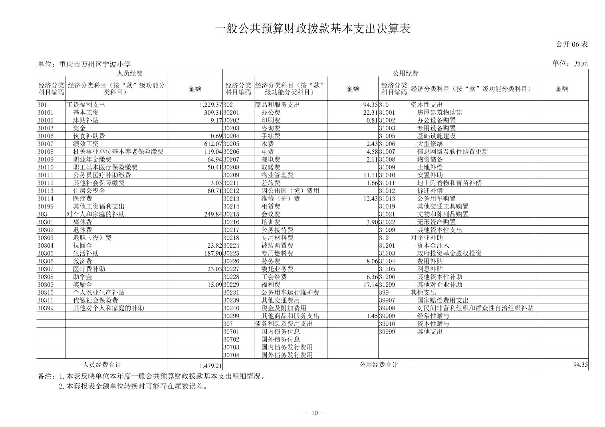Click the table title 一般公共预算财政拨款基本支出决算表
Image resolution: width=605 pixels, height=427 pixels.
tap(313, 29)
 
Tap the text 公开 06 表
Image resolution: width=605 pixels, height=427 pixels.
tap(572, 44)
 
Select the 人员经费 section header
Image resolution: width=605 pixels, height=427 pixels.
tap(130, 73)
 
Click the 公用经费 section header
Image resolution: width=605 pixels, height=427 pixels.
tap(405, 73)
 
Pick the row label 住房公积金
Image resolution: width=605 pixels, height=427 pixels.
tap(89, 191)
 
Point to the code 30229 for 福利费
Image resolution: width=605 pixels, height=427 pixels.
tap(231, 285)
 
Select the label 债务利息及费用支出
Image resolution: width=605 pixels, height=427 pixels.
tap(284, 324)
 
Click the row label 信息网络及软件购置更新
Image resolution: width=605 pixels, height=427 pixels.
tap(452, 152)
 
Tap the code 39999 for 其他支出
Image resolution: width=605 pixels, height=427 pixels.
tap(387, 332)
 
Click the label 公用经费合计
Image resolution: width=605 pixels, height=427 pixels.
tap(379, 365)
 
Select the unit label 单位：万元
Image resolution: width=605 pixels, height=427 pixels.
tap(570, 64)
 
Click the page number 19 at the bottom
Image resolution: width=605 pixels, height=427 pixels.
tap(314, 413)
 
